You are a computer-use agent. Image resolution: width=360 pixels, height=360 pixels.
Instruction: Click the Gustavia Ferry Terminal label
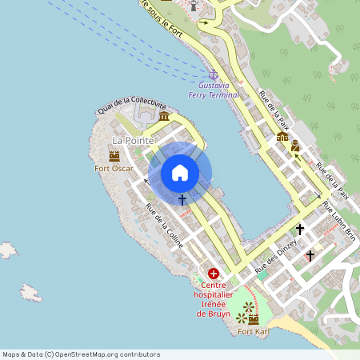tap(214, 90)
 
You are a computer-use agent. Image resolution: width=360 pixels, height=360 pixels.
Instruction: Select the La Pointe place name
tap(128, 140)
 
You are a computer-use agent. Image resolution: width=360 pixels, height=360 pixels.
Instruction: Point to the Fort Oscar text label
tap(112, 168)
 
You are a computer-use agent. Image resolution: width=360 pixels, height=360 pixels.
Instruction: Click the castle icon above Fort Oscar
tap(114, 155)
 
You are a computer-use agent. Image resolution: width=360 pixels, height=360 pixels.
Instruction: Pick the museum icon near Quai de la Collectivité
tap(164, 117)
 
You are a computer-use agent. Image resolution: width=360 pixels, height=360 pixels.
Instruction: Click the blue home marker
tap(180, 173)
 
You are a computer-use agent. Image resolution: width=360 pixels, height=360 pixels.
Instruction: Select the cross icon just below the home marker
tap(182, 199)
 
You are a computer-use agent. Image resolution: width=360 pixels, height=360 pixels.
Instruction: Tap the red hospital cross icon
tap(213, 274)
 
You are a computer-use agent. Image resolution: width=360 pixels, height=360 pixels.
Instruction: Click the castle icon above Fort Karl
tap(254, 319)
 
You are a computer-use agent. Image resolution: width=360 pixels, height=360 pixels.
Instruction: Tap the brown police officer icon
tap(295, 146)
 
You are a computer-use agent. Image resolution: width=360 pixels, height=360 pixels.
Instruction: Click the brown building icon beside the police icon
tap(282, 137)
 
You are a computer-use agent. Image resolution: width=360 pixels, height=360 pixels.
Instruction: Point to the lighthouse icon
tap(193, 6)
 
